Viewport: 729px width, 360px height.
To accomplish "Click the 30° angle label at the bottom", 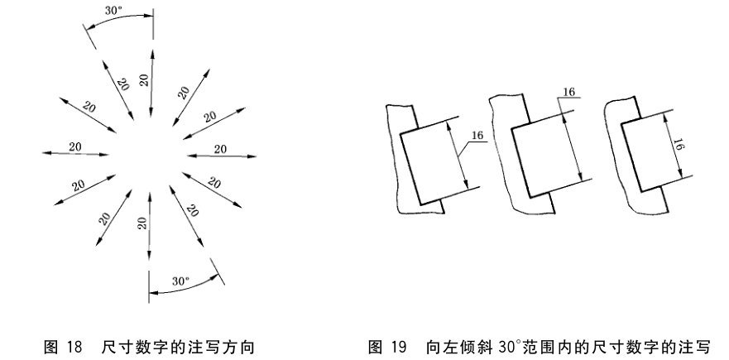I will [x=181, y=281].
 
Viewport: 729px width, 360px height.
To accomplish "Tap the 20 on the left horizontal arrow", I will [x=75, y=146].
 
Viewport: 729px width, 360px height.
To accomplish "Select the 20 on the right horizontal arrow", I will [x=220, y=149].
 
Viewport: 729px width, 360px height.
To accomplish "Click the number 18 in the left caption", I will [x=74, y=343].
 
